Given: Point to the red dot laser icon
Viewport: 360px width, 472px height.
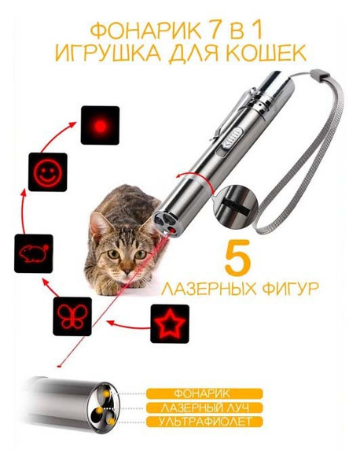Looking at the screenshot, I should tap(100, 125).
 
